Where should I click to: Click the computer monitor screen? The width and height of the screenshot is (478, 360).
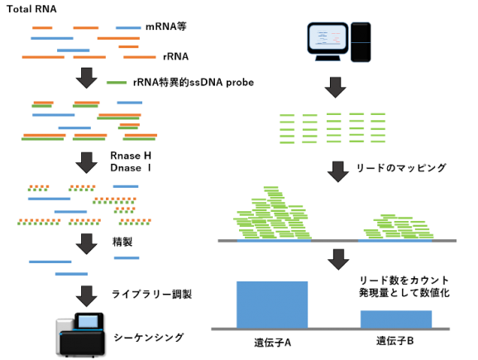tap(327, 37)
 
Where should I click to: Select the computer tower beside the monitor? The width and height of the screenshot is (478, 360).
tap(361, 42)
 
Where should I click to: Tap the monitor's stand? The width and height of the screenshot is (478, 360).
tap(327, 58)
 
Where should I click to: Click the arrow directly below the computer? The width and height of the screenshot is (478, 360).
tap(335, 87)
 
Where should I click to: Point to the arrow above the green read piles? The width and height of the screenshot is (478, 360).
tap(337, 171)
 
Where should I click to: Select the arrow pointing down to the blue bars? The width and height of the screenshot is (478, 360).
tap(338, 259)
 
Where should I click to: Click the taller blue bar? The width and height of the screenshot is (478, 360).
tap(271, 304)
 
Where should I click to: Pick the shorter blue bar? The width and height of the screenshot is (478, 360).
tap(395, 319)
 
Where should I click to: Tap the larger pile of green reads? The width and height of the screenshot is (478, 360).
tap(271, 217)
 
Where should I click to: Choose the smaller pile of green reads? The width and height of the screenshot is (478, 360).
tap(399, 228)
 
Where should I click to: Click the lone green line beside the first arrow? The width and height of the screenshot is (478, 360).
tap(117, 83)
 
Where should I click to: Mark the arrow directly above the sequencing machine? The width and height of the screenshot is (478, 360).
tap(86, 295)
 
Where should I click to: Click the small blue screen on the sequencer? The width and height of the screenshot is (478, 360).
tap(88, 321)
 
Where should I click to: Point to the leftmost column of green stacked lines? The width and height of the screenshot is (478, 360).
tap(287, 129)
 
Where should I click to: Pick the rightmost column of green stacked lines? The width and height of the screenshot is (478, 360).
tap(378, 128)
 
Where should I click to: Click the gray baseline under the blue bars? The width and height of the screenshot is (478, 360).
tap(331, 329)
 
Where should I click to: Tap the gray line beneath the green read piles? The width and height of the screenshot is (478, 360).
tap(337, 240)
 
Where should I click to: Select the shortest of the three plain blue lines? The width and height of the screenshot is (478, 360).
tap(127, 258)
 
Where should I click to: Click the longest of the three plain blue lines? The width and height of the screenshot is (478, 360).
tap(50, 262)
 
